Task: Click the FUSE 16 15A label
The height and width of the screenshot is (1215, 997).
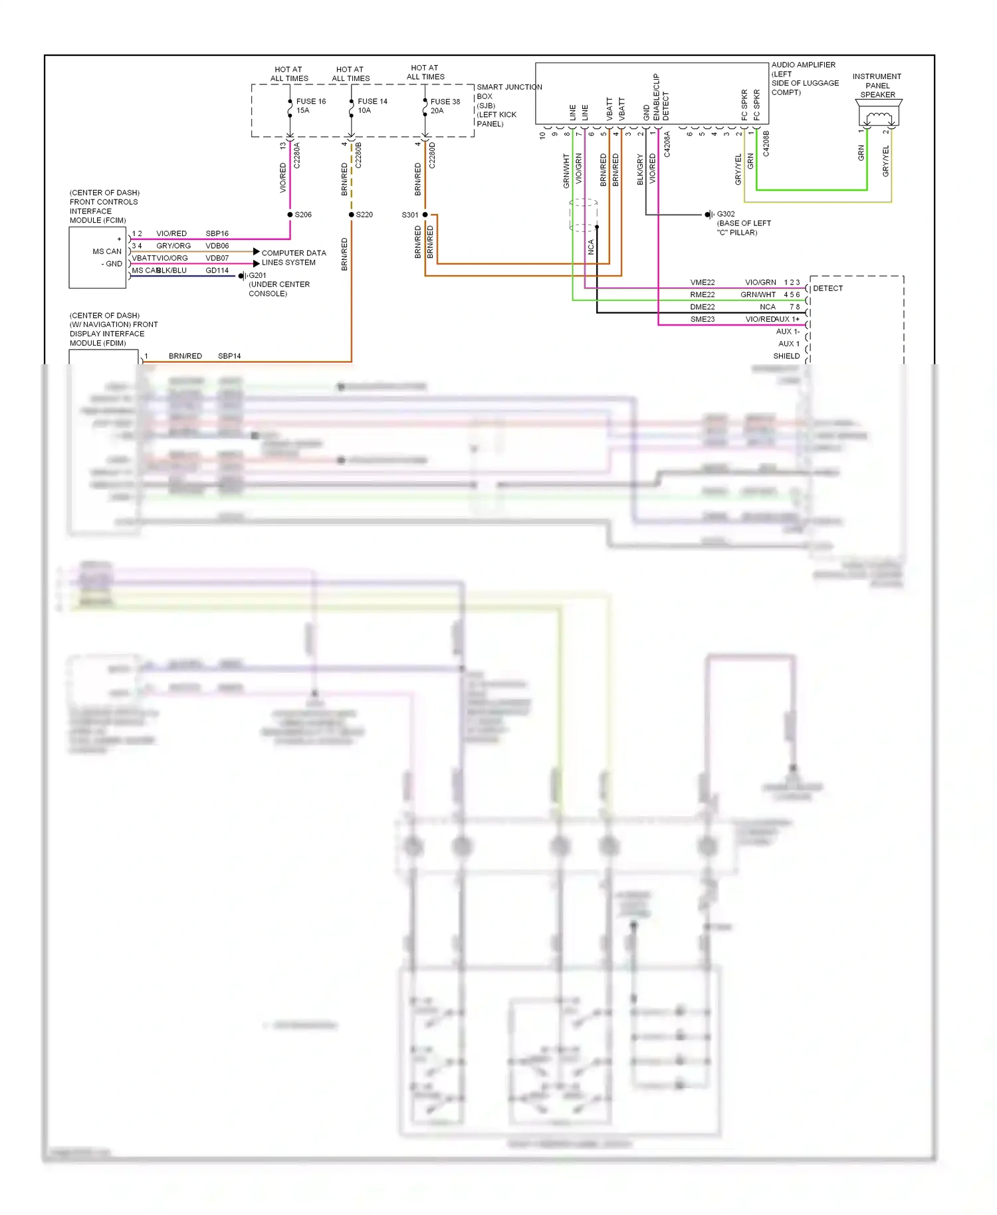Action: [x=310, y=106]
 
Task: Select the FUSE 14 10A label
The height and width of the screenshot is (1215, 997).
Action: [x=372, y=106]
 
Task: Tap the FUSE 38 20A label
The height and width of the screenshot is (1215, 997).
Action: [x=445, y=106]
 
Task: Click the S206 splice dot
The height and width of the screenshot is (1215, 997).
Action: [x=290, y=215]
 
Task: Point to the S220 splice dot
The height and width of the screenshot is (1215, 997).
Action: [x=352, y=215]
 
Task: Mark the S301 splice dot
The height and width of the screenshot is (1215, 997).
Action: [x=425, y=215]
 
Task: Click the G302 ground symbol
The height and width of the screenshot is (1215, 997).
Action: [x=709, y=215]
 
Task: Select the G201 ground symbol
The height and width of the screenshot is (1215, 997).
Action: [x=242, y=276]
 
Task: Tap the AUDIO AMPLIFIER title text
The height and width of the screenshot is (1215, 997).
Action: [x=803, y=65]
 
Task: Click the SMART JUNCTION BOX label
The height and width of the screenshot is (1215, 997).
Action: [x=508, y=87]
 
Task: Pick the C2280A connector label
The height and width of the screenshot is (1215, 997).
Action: [x=297, y=156]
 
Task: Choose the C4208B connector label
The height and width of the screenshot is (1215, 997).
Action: [x=766, y=144]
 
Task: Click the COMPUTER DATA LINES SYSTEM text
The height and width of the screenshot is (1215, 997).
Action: [x=293, y=258]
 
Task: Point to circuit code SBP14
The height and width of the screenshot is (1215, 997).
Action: [x=229, y=356]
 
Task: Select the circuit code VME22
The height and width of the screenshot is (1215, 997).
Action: [x=702, y=282]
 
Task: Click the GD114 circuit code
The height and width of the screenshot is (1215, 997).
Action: [x=217, y=271]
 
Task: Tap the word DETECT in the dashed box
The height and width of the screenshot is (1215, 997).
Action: [x=828, y=288]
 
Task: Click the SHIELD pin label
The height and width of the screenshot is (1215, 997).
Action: [x=786, y=356]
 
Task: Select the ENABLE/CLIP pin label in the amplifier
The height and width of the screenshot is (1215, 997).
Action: [x=656, y=97]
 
